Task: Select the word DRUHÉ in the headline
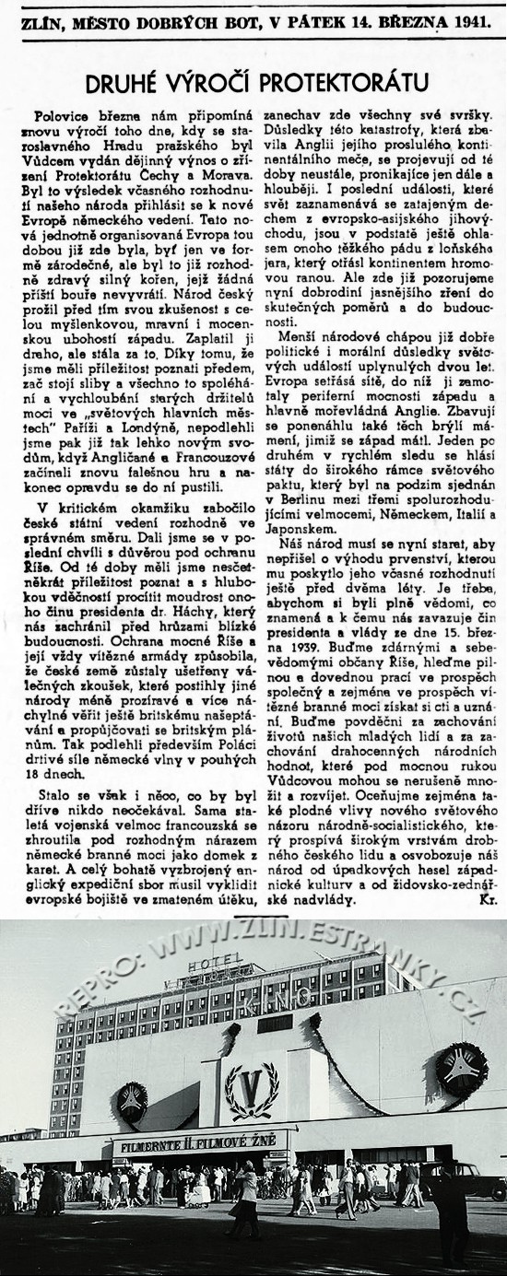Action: pos(124,84)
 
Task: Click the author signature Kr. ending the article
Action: pos(486,900)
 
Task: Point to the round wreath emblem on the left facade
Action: pos(131,1102)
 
